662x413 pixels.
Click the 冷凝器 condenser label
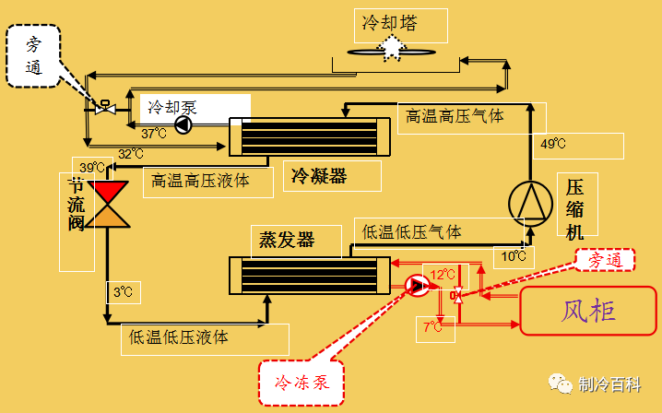point(319,174)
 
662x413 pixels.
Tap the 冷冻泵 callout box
point(301,381)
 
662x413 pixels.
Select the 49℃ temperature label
point(553,145)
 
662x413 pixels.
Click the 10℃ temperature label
point(514,254)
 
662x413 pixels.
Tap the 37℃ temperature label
point(153,133)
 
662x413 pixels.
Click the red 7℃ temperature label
point(433,325)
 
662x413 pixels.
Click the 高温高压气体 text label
point(455,116)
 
